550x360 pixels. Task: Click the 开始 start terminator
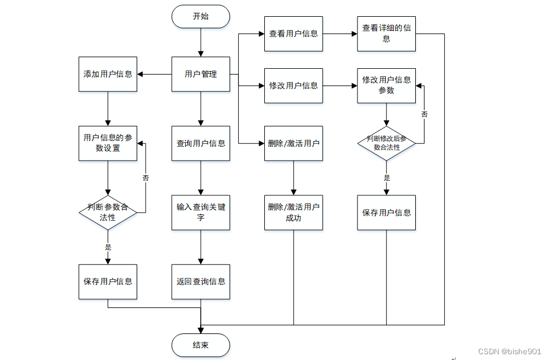tap(201, 17)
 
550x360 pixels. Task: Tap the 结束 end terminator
tap(201, 346)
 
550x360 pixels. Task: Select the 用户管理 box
tap(201, 75)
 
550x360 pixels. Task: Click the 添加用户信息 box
tap(108, 75)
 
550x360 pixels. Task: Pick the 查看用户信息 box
tap(294, 34)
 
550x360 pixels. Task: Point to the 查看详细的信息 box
tap(386, 34)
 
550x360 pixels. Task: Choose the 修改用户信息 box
tap(294, 86)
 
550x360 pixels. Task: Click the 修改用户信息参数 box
tap(386, 86)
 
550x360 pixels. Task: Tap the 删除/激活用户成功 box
tap(294, 213)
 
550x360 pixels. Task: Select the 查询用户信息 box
tap(201, 143)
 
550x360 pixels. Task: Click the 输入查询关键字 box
tap(201, 213)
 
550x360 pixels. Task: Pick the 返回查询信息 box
tap(201, 282)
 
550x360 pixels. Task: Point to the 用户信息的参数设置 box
tap(108, 143)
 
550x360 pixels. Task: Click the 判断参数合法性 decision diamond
tap(108, 213)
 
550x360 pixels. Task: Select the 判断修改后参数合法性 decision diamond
tap(386, 143)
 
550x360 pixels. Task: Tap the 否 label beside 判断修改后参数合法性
tap(425, 114)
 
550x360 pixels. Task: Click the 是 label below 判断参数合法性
tap(108, 247)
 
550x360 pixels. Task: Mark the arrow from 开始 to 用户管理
tap(201, 42)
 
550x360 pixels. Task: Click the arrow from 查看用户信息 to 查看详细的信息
tap(340, 34)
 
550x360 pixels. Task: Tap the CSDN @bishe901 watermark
tap(510, 351)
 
